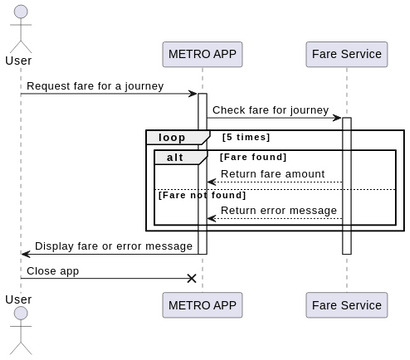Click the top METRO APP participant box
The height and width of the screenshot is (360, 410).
pyautogui.click(x=202, y=54)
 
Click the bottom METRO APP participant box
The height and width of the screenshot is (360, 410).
pyautogui.click(x=202, y=305)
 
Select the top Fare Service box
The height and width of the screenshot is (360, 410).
pyautogui.click(x=346, y=54)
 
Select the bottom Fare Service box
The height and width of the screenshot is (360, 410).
pyautogui.click(x=346, y=305)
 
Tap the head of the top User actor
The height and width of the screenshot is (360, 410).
pyautogui.click(x=20, y=12)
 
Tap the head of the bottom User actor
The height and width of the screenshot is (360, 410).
pyautogui.click(x=20, y=316)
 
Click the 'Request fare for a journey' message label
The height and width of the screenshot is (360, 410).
pyautogui.click(x=95, y=86)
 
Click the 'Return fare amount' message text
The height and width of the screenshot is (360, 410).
pyautogui.click(x=272, y=174)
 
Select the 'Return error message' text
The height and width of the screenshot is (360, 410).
pyautogui.click(x=278, y=210)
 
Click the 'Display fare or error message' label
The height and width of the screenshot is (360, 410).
pyautogui.click(x=113, y=246)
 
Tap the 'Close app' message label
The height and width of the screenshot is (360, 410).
pyautogui.click(x=53, y=270)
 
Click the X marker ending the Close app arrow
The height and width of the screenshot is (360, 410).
pyautogui.click(x=192, y=278)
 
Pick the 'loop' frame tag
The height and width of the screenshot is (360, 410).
pyautogui.click(x=174, y=137)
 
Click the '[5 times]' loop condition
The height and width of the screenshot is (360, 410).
pyautogui.click(x=246, y=137)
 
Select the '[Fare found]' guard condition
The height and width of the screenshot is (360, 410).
pyautogui.click(x=253, y=157)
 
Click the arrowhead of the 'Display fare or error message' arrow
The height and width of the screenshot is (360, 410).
pyautogui.click(x=26, y=254)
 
